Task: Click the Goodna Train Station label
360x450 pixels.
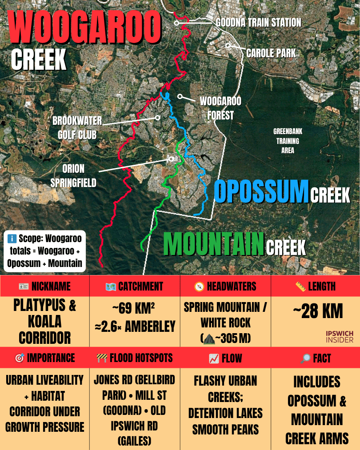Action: pyautogui.click(x=258, y=23)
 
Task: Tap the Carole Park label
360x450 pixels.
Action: pyautogui.click(x=271, y=54)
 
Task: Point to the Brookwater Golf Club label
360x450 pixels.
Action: pyautogui.click(x=77, y=127)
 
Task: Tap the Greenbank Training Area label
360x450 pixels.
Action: pyautogui.click(x=288, y=141)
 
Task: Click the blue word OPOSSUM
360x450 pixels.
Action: pyautogui.click(x=261, y=191)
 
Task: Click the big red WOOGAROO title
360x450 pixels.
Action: pyautogui.click(x=84, y=28)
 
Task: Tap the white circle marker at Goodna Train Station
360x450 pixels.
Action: pyautogui.click(x=176, y=23)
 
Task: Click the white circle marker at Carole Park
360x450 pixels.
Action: pyautogui.click(x=228, y=45)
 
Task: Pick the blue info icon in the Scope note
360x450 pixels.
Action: pyautogui.click(x=12, y=238)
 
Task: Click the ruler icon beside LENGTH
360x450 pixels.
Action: pyautogui.click(x=300, y=287)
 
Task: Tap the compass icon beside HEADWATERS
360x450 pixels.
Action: pyautogui.click(x=200, y=287)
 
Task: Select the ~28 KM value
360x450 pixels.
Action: pyautogui.click(x=317, y=312)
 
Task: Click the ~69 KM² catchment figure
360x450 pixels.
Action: pyautogui.click(x=134, y=307)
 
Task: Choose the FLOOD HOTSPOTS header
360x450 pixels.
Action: pyautogui.click(x=134, y=358)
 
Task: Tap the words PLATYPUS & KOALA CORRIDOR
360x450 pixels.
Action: pyautogui.click(x=44, y=322)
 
